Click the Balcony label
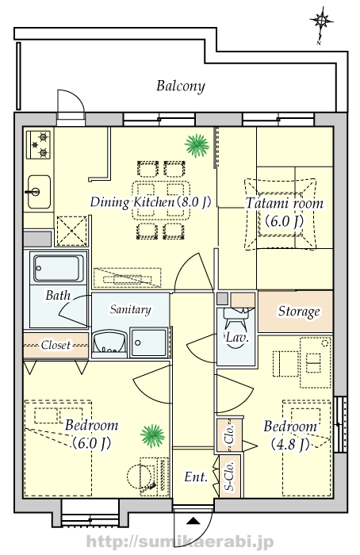(181, 86)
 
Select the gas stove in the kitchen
(39, 144)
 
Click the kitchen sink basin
(39, 191)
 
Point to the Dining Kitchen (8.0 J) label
(151, 202)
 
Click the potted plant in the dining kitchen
(197, 145)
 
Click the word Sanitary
(131, 309)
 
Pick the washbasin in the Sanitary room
(109, 343)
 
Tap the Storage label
(299, 312)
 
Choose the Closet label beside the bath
(56, 345)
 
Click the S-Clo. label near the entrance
(230, 476)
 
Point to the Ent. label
(196, 477)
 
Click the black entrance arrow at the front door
(193, 520)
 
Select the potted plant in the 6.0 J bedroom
(152, 435)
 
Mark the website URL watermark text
(180, 542)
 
